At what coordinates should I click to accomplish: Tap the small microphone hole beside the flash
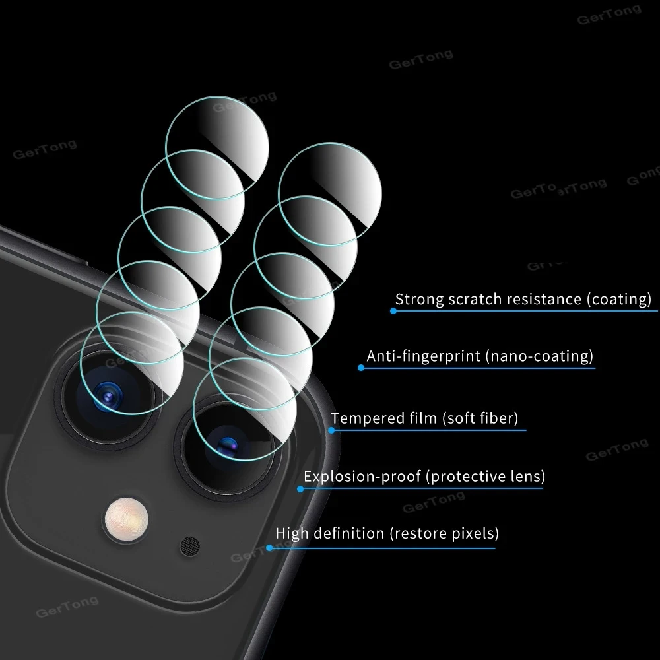point(189,544)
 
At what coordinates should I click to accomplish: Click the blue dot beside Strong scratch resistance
point(393,310)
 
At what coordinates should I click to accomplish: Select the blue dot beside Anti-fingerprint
point(361,367)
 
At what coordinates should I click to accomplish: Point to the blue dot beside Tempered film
point(331,430)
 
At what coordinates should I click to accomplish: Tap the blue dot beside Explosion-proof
point(300,489)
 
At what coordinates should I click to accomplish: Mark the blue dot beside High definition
point(269,547)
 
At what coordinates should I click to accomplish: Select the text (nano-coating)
point(539,356)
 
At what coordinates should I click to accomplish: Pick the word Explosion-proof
point(362,477)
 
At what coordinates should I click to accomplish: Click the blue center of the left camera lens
point(105,396)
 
